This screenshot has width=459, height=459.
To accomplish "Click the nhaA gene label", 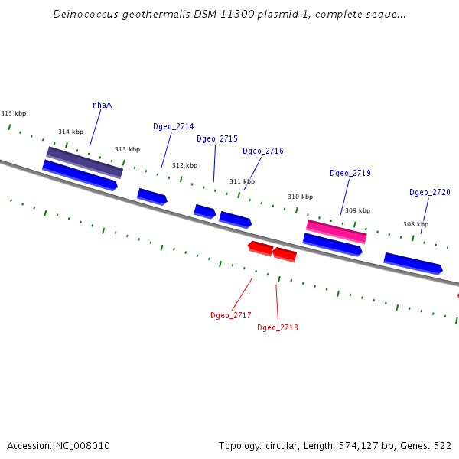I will point(102,105).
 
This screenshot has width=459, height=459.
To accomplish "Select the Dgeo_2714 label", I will point(173,126).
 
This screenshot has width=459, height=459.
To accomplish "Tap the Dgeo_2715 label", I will point(216,138).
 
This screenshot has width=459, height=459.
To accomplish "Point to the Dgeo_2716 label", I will point(262,151).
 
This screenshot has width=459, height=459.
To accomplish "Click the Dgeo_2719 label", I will point(350,173).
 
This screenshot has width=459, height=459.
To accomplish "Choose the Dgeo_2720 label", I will point(429,192).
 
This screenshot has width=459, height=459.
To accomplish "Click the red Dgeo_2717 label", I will point(230,315).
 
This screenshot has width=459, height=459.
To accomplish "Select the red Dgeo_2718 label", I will point(277,327).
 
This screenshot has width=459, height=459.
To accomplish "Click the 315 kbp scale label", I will point(13,113).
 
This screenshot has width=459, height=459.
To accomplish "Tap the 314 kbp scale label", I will point(70,132).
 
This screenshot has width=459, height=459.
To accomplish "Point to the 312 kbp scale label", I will point(184,165).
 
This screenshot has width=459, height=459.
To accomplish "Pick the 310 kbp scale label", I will point(300,197).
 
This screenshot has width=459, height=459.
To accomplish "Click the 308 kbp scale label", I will point(415,224).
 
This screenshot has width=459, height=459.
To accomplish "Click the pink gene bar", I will point(336,230).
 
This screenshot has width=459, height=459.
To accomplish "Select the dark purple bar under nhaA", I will point(84,161).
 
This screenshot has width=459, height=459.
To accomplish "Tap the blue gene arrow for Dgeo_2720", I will point(412,262).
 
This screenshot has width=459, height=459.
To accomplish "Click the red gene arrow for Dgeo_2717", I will point(260,247).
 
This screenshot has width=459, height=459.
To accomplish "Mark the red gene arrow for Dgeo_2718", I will point(285,254).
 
